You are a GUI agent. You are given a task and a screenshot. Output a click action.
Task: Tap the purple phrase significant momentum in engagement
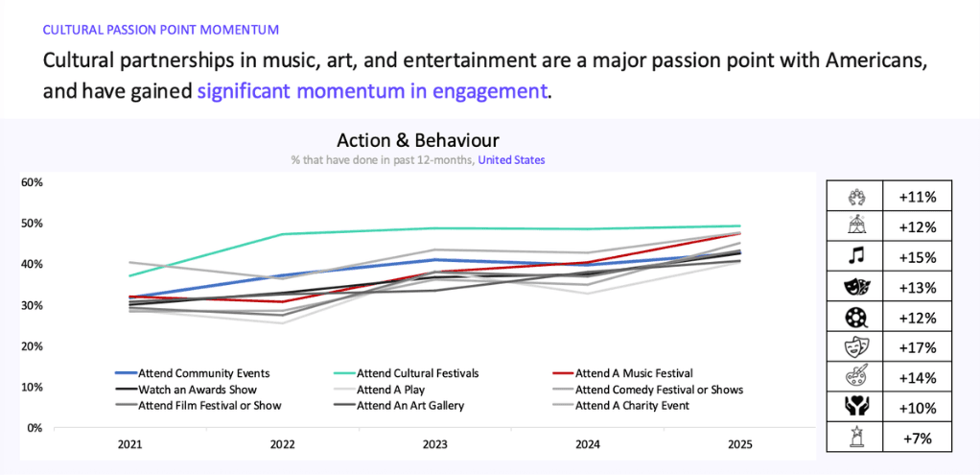pyautogui.click(x=373, y=92)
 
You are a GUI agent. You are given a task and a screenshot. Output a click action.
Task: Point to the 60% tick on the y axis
pyautogui.click(x=32, y=182)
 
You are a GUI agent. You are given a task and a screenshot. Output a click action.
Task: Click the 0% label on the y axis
pyautogui.click(x=35, y=428)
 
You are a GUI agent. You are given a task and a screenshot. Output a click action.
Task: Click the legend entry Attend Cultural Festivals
pyautogui.click(x=417, y=372)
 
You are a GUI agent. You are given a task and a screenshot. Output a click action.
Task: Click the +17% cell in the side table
pyautogui.click(x=915, y=348)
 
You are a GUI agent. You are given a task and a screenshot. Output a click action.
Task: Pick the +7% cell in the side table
pyautogui.click(x=915, y=439)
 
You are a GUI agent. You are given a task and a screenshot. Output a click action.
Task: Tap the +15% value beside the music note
pyautogui.click(x=915, y=257)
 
